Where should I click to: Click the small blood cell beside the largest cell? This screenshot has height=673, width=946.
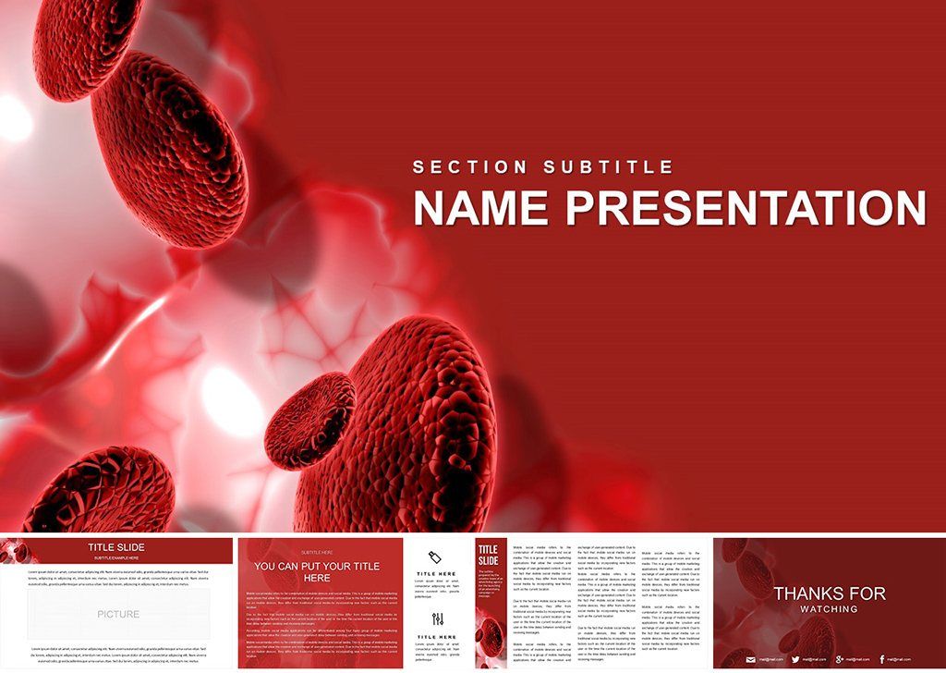coord(309,421)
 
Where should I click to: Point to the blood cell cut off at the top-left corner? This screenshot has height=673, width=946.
coord(83,42)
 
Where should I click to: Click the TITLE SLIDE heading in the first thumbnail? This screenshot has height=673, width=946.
coord(116,547)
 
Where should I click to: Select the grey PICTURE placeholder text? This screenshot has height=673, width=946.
coord(118,614)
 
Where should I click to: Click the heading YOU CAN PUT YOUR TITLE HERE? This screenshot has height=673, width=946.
coord(317,571)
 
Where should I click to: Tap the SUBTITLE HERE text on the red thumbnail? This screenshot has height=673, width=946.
coord(317,552)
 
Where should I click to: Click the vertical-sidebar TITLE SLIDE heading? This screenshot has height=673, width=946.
coord(488,555)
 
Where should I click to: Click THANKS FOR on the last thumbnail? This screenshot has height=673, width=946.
coord(830,593)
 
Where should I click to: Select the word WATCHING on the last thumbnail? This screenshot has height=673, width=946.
coord(830,609)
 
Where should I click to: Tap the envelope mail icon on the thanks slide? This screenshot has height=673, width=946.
coord(751,659)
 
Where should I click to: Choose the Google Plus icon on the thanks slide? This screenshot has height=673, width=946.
coord(839,659)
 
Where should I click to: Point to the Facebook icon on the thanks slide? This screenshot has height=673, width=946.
coord(882,659)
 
